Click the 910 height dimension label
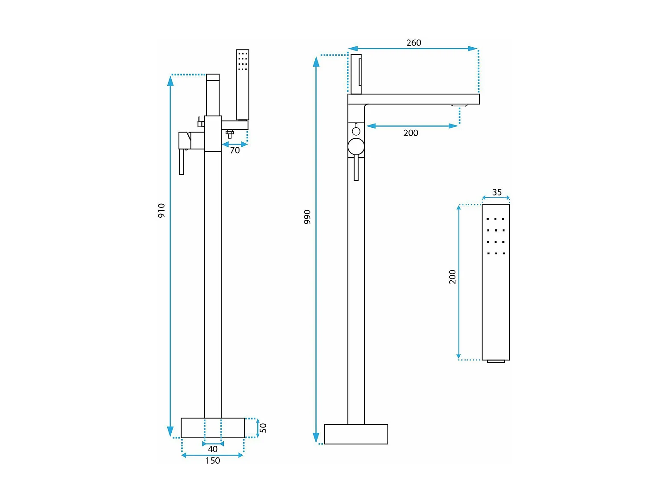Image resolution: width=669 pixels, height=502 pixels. tap(161, 211)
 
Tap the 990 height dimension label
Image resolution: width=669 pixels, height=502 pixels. tap(307, 217)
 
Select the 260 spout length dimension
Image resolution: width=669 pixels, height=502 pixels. tap(413, 43)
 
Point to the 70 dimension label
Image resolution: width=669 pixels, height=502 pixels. tap(235, 150)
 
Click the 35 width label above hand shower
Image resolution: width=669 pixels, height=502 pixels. tap(497, 192)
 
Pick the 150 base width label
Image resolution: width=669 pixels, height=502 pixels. tap(213, 461)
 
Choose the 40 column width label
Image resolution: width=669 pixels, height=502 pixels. tap(213, 449)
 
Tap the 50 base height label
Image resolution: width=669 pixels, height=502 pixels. tap(263, 427)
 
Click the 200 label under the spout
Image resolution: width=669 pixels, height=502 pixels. tap(411, 133)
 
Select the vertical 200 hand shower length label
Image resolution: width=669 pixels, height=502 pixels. tap(453, 277)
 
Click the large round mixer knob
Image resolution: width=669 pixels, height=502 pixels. tap(356, 146)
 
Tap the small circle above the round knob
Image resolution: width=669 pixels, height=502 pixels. tap(356, 131)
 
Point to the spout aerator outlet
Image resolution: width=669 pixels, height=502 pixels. tap(459, 106)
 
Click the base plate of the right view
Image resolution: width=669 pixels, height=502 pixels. tap(356, 434)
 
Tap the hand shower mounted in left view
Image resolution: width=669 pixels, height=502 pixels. tap(243, 85)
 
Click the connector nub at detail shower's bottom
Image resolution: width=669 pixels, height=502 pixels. tap(496, 361)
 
